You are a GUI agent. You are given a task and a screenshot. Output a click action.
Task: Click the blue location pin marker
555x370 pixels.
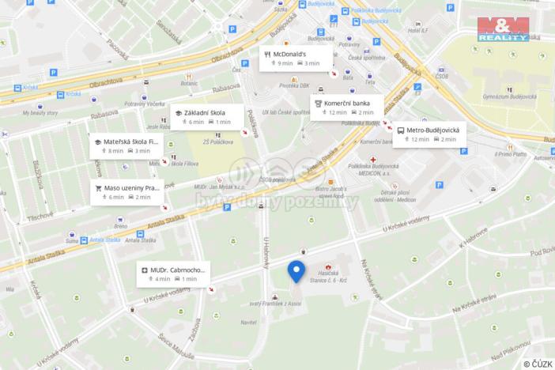[x=296, y=270]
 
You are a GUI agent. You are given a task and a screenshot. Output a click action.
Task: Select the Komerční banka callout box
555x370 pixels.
[x=348, y=107]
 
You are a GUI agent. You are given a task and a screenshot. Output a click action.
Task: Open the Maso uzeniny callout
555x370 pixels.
[x=128, y=192]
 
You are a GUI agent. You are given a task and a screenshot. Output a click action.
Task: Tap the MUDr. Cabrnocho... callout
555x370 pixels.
[x=176, y=274]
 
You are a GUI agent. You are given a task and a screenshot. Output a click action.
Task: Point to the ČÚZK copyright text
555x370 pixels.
[x=537, y=364]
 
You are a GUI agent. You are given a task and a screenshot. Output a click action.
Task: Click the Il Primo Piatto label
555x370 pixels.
[x=512, y=154]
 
